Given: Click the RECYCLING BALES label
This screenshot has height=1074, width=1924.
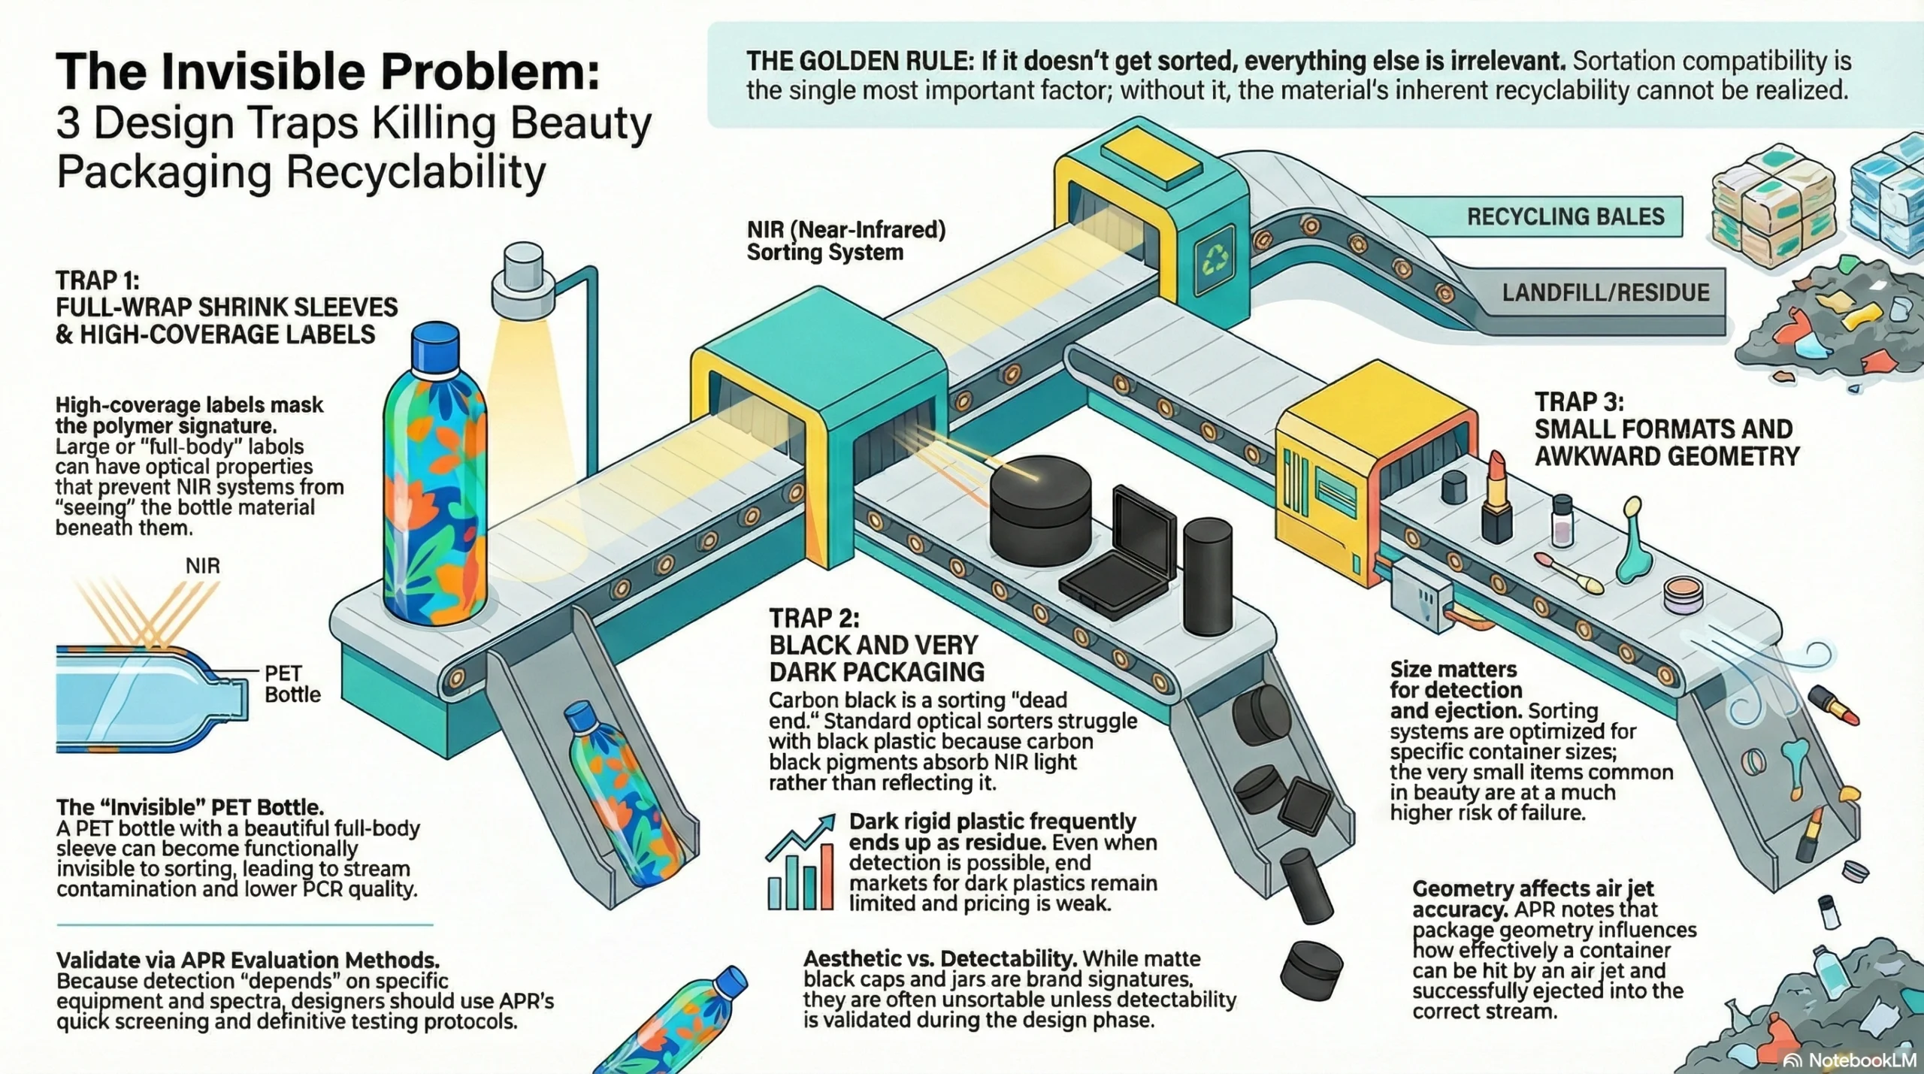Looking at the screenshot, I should tap(1565, 217).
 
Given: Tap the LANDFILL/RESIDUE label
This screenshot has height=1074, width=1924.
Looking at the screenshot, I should tap(1605, 292).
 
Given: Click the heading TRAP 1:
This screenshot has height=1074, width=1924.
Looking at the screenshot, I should tap(98, 281).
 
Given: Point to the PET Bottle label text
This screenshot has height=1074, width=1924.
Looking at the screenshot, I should tap(292, 684).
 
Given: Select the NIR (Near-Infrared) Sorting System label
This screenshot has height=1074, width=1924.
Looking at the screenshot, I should tap(846, 241).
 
